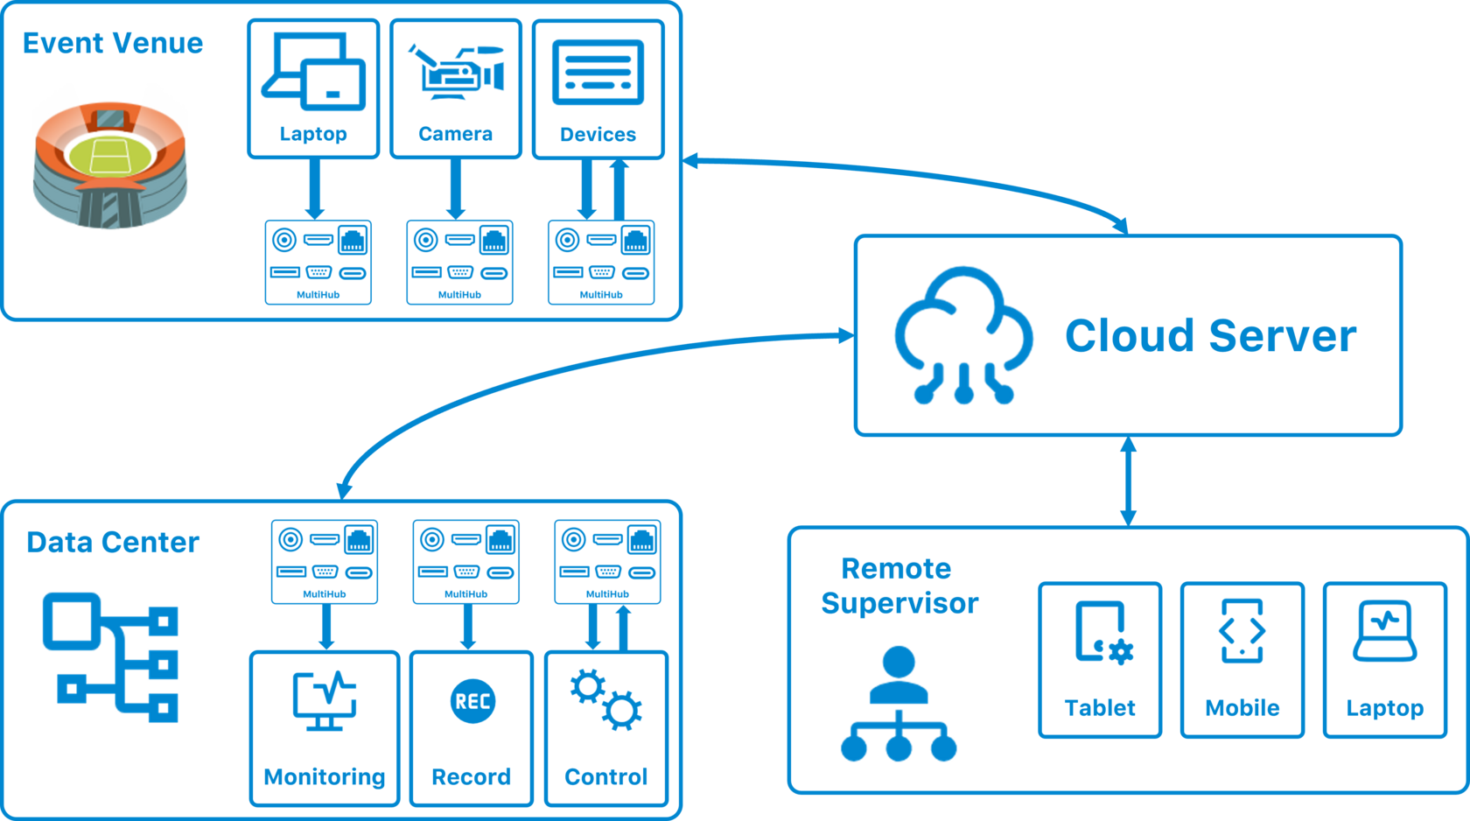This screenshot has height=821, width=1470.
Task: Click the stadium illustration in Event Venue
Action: coord(110,158)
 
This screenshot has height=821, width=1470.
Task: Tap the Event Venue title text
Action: coord(113,43)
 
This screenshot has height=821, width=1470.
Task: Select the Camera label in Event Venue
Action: coord(455,134)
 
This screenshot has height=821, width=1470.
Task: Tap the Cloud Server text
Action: coord(1210,336)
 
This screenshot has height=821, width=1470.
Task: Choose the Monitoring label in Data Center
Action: coord(325,776)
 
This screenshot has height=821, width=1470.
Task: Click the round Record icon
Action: coord(472,701)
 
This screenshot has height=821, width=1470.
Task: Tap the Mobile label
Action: coord(1242,707)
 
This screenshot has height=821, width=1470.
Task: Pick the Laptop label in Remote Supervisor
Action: coord(1385,707)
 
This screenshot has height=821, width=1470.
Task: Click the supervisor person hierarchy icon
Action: coord(899,705)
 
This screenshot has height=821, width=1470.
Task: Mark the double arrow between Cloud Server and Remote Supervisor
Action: coord(1128,481)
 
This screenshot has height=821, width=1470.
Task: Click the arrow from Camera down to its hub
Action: coord(455,189)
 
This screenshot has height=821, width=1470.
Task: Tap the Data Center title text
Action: coord(113,543)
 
